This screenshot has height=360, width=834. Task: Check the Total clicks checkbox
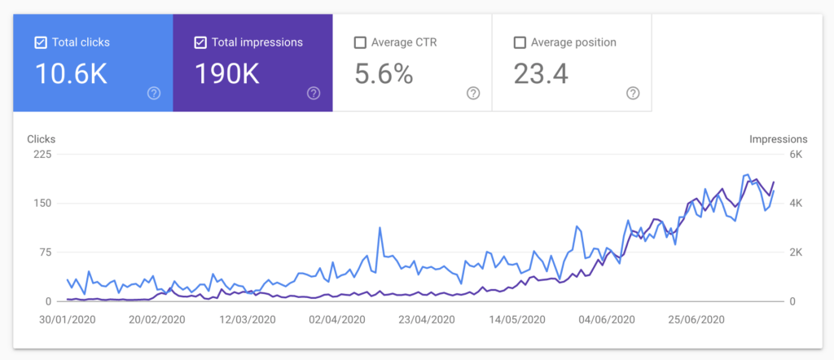[41, 43]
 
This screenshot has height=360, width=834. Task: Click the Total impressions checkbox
[200, 43]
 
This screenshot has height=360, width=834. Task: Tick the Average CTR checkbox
[360, 43]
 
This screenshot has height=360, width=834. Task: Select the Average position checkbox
[520, 43]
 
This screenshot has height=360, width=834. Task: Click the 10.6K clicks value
[71, 74]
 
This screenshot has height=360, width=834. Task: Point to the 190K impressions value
[227, 74]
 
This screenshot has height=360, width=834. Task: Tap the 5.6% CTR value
[384, 74]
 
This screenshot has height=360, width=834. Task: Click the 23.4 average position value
[541, 74]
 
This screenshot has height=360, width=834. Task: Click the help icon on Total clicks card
[154, 94]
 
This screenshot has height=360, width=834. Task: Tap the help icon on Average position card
[633, 94]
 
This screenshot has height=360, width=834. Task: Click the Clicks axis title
[41, 139]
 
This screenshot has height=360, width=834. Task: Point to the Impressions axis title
[778, 139]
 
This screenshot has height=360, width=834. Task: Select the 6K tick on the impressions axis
[797, 155]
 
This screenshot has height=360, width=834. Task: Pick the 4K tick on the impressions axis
[797, 204]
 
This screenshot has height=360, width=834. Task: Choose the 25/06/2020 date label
[696, 319]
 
